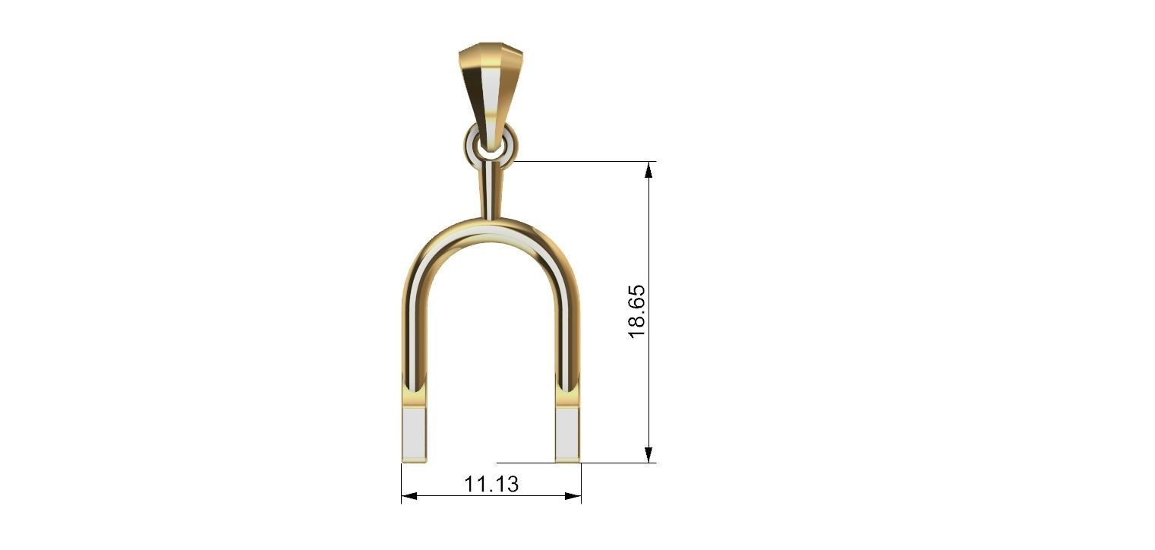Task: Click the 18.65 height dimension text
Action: [636, 311]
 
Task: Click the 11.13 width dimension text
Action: [491, 484]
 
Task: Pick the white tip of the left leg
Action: [414, 435]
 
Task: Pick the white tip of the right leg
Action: [567, 435]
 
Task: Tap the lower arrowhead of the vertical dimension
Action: [649, 454]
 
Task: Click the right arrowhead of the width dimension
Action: [573, 496]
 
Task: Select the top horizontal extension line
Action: [585, 161]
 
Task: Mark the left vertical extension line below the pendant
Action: [402, 482]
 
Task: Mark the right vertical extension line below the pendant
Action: [581, 482]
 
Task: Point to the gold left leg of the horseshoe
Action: [414, 334]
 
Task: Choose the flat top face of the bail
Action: [482, 47]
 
